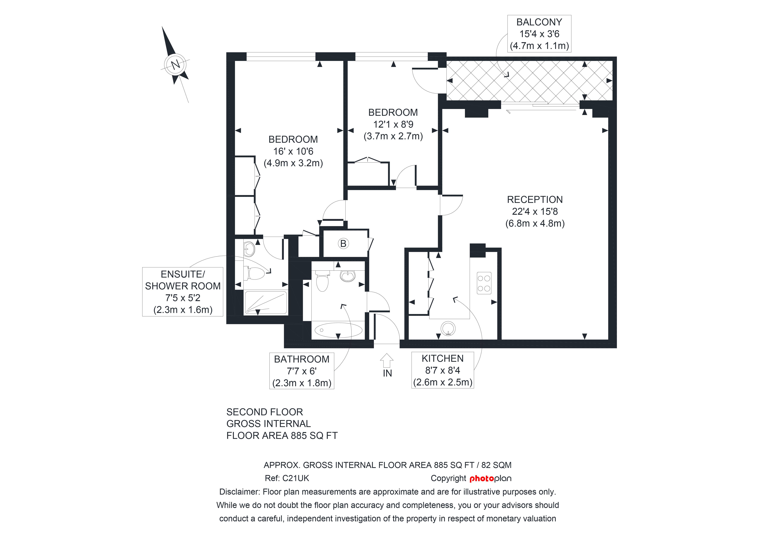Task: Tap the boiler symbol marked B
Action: pos(343,244)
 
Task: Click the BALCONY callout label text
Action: pos(539,22)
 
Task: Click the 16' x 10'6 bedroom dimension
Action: pos(293,151)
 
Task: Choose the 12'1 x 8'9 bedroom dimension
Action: pos(393,124)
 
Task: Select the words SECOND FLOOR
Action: pos(265,412)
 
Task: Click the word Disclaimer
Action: pos(239,492)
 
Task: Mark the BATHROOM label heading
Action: pos(301,359)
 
